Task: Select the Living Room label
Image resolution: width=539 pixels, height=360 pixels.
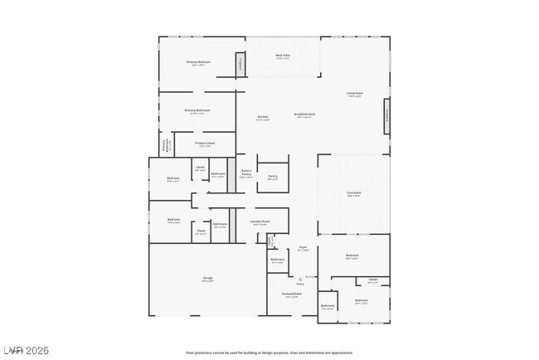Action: pyautogui.click(x=355, y=94)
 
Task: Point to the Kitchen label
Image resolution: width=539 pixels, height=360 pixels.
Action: pyautogui.click(x=263, y=118)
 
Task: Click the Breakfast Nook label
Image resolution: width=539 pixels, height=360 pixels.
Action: pyautogui.click(x=304, y=114)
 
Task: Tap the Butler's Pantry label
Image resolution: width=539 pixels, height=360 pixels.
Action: pyautogui.click(x=245, y=173)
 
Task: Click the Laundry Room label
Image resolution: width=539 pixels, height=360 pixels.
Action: pyautogui.click(x=262, y=221)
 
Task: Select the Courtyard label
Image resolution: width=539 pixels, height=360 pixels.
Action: pyautogui.click(x=353, y=194)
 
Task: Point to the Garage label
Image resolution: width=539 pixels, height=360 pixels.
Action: pyautogui.click(x=207, y=279)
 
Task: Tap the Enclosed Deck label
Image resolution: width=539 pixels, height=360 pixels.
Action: pyautogui.click(x=292, y=294)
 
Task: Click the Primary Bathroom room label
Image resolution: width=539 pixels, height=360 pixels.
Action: pyautogui.click(x=197, y=111)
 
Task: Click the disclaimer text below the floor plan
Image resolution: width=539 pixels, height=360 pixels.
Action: pyautogui.click(x=269, y=353)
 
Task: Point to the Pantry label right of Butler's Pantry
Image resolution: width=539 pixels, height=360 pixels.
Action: pyautogui.click(x=272, y=177)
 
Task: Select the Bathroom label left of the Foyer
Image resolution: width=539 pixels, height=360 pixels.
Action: pyautogui.click(x=278, y=260)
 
